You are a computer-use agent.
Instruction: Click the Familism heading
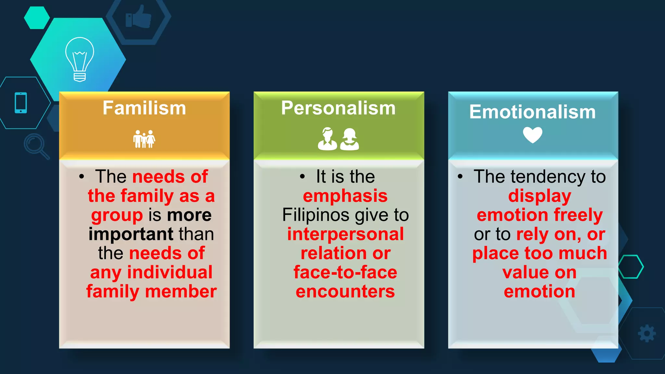pyautogui.click(x=144, y=108)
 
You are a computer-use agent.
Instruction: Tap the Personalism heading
pyautogui.click(x=338, y=108)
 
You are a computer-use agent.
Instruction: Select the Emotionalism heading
pyautogui.click(x=533, y=112)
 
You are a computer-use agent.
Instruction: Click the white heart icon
pyautogui.click(x=533, y=135)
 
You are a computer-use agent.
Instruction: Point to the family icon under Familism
pyautogui.click(x=144, y=139)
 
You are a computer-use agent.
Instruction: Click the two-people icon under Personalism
pyautogui.click(x=338, y=139)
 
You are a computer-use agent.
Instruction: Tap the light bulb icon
pyautogui.click(x=80, y=59)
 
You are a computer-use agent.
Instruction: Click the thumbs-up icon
pyautogui.click(x=139, y=17)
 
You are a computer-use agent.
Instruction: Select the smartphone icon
pyautogui.click(x=21, y=103)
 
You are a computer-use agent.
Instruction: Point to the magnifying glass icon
pyautogui.click(x=36, y=146)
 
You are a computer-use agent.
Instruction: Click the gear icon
pyautogui.click(x=646, y=333)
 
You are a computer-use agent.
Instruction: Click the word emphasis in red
pyautogui.click(x=345, y=196)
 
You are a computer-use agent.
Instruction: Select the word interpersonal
pyautogui.click(x=345, y=234)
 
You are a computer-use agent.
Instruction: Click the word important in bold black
pyautogui.click(x=131, y=234)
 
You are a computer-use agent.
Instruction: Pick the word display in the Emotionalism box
pyautogui.click(x=539, y=196)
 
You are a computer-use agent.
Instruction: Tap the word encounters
pyautogui.click(x=345, y=292)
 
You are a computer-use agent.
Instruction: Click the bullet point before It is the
pyautogui.click(x=302, y=177)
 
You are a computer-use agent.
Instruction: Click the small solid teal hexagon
pyautogui.click(x=37, y=18)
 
